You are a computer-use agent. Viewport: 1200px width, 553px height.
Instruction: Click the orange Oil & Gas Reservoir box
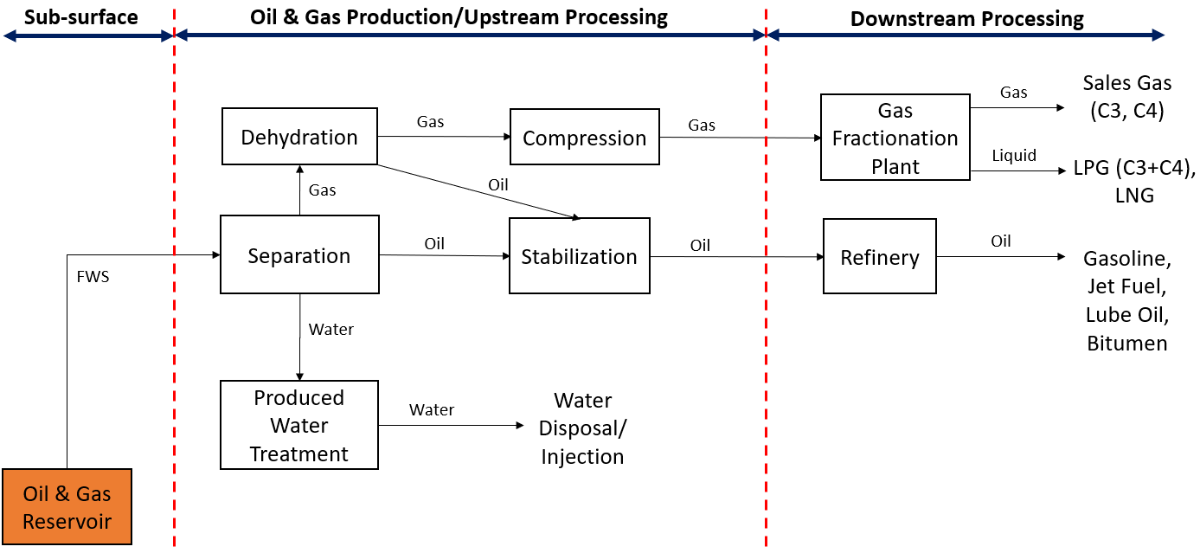point(67,506)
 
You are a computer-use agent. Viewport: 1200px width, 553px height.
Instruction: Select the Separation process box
point(299,255)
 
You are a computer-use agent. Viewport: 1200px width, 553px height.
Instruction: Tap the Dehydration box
point(299,137)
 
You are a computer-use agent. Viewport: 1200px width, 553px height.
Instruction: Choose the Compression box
point(584,138)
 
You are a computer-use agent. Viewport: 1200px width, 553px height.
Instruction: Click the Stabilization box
point(579,256)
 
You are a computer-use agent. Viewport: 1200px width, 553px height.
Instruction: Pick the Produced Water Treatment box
point(299,425)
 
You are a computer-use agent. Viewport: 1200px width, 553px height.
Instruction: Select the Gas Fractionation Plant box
point(895,138)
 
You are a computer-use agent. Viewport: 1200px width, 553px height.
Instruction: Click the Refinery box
point(879,257)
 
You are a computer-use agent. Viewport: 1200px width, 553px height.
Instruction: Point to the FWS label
point(93,278)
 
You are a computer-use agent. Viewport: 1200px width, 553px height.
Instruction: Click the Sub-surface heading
point(81,17)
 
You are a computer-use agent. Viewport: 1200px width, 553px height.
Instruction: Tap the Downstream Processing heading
point(966,19)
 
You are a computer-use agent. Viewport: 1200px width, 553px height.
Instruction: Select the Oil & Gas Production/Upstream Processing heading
point(459,17)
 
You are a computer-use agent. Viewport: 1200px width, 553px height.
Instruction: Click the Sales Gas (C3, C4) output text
point(1126,95)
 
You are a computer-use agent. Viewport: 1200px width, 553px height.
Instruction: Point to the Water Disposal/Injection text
point(582,428)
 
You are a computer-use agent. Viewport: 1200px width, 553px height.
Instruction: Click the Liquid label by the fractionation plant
point(1014,156)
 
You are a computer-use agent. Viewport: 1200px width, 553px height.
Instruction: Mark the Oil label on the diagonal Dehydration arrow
point(498,185)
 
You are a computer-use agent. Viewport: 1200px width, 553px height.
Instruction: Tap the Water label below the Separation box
point(331,330)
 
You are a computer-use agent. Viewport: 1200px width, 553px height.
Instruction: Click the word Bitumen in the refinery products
point(1126,344)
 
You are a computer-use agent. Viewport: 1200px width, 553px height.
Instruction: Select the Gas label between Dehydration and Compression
point(430,122)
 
